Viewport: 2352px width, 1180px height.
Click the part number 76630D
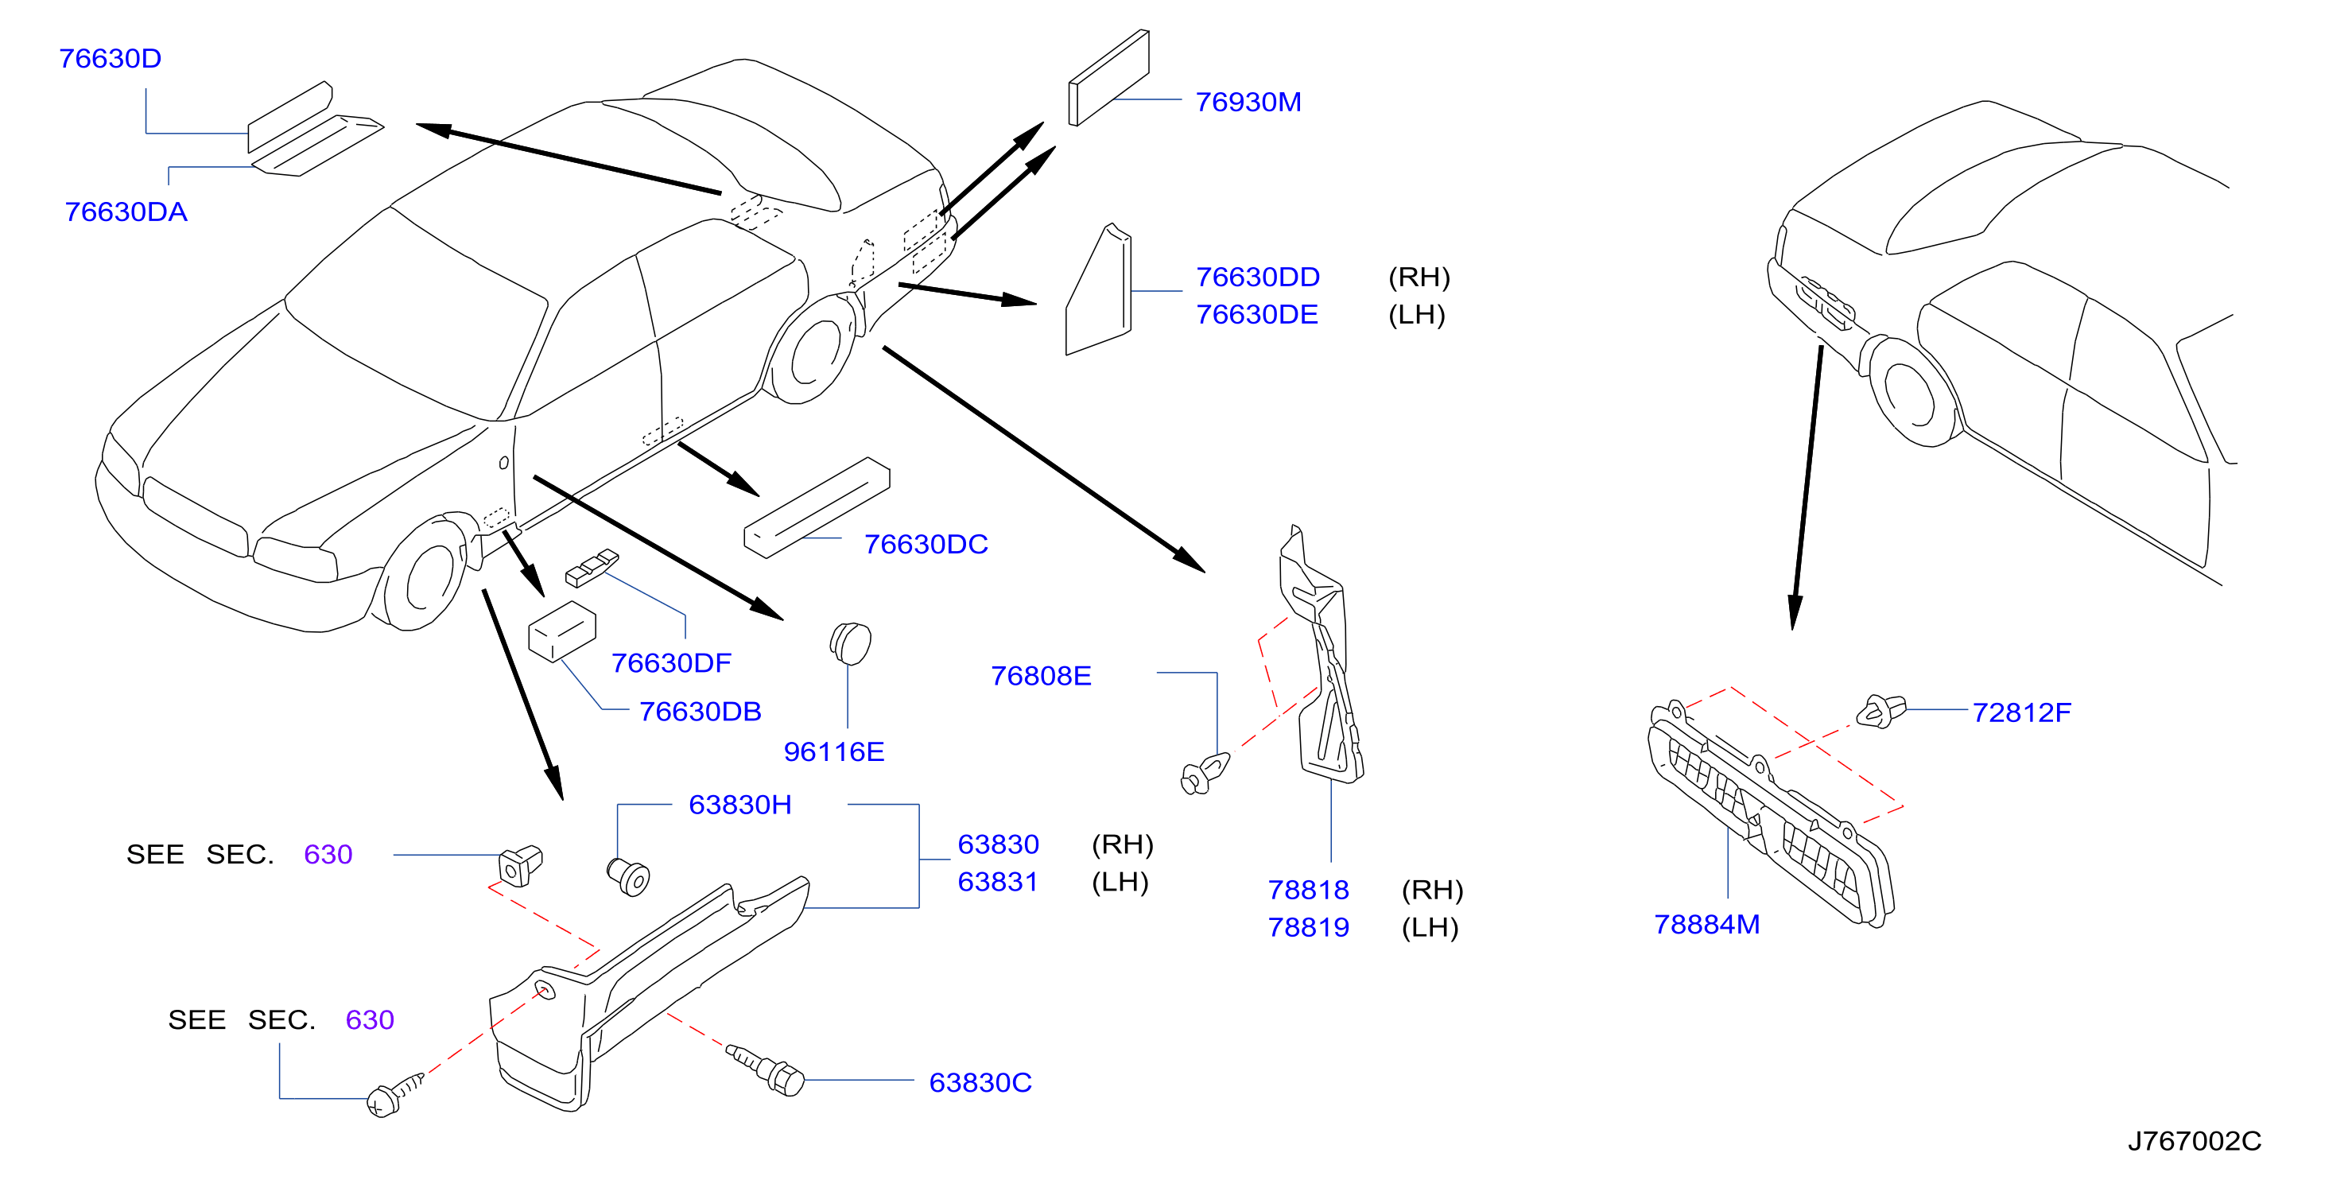coord(111,59)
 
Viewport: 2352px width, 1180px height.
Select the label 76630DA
coord(126,212)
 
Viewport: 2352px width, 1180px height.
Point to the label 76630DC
coord(926,545)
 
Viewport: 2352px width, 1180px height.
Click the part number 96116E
coord(833,751)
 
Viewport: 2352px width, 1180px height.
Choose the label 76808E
coord(1041,676)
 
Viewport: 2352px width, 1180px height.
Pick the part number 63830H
coord(739,805)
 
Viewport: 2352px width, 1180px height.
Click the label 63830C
coord(980,1082)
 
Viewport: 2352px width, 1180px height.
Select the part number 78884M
coord(1706,924)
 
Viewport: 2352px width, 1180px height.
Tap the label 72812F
coord(2021,712)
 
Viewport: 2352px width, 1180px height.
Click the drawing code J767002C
coord(2194,1141)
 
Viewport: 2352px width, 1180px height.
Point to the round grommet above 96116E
coord(850,643)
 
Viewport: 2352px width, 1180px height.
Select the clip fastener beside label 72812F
coord(1880,712)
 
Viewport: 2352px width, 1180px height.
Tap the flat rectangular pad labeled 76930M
coord(1108,78)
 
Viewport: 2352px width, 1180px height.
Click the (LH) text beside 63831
coord(1120,883)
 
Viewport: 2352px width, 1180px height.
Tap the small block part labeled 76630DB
coord(561,631)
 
